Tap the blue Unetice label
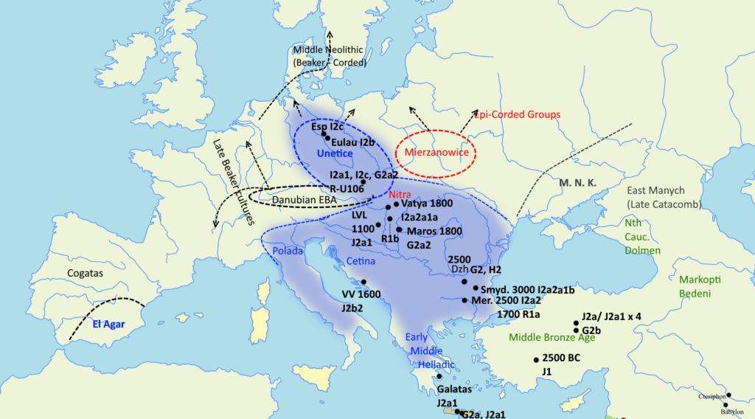tap(335, 153)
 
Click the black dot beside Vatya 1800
tap(396, 204)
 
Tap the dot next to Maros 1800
tap(399, 229)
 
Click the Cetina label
tap(361, 262)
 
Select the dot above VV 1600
tap(363, 282)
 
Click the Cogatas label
tap(84, 274)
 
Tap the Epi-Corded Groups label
tap(517, 114)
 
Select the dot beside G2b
tap(576, 330)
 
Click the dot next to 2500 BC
tap(536, 359)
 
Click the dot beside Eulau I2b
tap(327, 138)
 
